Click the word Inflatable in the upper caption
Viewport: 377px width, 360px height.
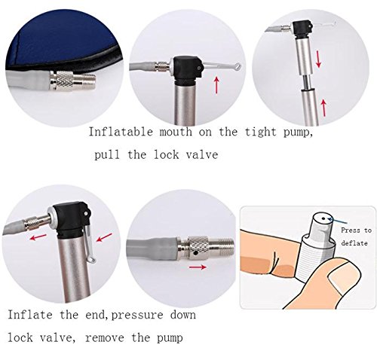click(x=121, y=132)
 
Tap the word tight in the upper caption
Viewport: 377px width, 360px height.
click(x=260, y=133)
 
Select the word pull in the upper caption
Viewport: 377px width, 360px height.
click(x=107, y=155)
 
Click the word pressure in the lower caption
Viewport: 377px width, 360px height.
click(x=137, y=316)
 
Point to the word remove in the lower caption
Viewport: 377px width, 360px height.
click(x=105, y=337)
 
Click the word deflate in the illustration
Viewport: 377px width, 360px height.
click(x=354, y=243)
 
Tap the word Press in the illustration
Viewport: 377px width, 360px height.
click(x=350, y=230)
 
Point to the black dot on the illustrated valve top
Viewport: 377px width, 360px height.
click(x=323, y=218)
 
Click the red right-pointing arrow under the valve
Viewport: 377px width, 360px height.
click(x=198, y=267)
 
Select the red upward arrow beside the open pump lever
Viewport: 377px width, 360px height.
click(x=216, y=85)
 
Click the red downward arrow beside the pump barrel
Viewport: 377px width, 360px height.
click(x=318, y=59)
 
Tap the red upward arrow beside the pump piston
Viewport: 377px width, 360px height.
click(x=324, y=108)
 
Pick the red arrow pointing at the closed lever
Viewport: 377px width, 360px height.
click(x=104, y=237)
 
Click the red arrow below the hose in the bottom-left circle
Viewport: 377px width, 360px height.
click(x=38, y=236)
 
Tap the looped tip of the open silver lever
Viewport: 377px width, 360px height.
click(x=237, y=67)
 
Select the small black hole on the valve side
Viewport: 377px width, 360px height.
click(x=195, y=254)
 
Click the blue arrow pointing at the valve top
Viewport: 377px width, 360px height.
click(x=337, y=221)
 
